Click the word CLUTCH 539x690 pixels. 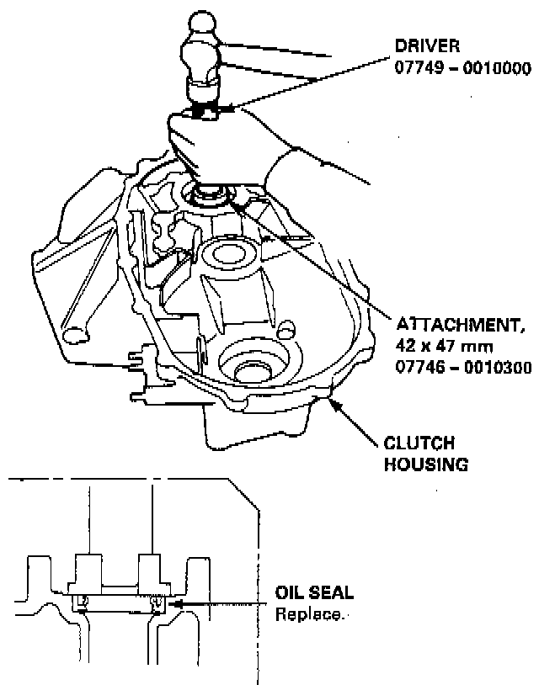tap(419, 443)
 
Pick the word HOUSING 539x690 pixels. tap(426, 464)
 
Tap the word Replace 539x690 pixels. tap(309, 614)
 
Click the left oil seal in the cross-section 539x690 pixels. tap(82, 602)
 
